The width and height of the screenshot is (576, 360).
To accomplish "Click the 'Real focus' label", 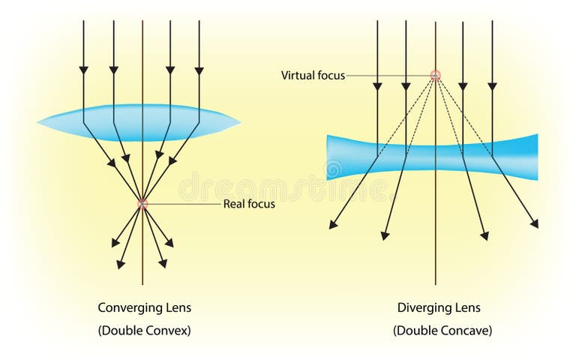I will (x=249, y=204).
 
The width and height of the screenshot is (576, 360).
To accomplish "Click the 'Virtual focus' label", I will (x=313, y=75).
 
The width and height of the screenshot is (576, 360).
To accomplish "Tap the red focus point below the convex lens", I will (x=142, y=203).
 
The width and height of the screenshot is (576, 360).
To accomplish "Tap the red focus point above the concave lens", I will (x=435, y=75).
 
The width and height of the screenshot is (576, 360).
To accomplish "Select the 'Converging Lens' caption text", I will (x=145, y=307).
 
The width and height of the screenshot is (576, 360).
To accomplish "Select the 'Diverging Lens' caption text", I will (x=439, y=307).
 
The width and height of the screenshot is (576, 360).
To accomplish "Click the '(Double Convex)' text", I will (x=145, y=330).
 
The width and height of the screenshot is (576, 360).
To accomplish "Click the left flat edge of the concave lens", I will (x=328, y=157).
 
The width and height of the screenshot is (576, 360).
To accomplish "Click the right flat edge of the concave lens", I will (x=537, y=157).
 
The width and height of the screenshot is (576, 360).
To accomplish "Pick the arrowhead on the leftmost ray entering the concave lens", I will (x=376, y=85).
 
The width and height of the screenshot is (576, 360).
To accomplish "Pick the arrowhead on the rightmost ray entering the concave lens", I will (x=492, y=85).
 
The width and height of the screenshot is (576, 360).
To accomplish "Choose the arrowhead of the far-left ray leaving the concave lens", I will (x=332, y=224).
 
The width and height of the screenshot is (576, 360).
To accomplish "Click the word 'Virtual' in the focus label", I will (x=297, y=75).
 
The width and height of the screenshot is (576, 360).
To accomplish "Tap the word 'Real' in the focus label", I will (x=235, y=204).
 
